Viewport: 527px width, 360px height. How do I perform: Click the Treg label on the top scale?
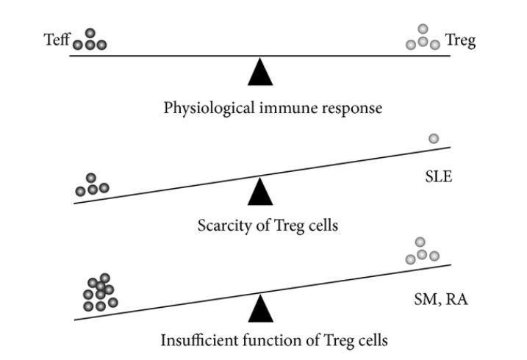461,40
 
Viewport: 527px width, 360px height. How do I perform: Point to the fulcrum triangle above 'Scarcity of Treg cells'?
259,192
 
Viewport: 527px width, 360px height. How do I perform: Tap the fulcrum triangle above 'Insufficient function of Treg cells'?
259,309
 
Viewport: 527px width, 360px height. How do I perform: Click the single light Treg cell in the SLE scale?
434,138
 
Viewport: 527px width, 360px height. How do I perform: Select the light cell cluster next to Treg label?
423,38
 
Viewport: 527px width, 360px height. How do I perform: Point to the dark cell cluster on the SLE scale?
92,186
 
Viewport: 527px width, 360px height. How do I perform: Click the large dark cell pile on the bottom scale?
100,292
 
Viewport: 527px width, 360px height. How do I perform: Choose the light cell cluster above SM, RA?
423,251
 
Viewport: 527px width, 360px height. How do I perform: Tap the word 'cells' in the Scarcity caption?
323,225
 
